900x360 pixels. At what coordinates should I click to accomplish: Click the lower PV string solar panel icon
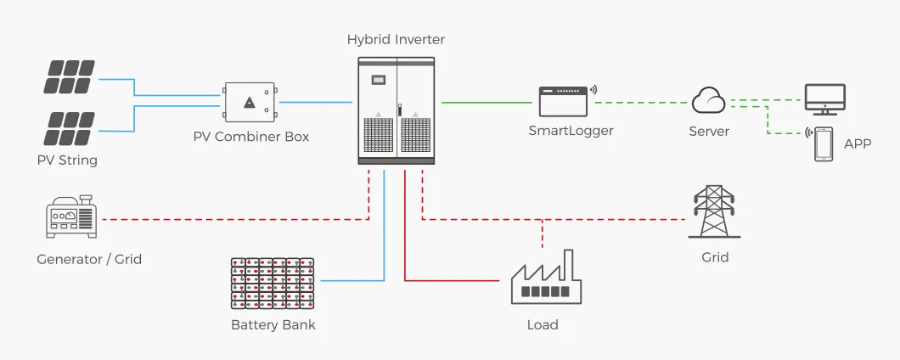click(70, 128)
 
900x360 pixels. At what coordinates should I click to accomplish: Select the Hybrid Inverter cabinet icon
click(396, 110)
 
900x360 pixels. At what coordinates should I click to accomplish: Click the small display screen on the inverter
click(379, 79)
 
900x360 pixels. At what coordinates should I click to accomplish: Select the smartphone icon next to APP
click(824, 143)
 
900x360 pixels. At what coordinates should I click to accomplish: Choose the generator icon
click(72, 219)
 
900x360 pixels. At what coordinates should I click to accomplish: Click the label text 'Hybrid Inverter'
click(396, 40)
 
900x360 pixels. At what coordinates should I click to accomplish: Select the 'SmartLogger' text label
click(571, 131)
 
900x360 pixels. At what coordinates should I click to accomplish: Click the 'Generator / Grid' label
click(89, 259)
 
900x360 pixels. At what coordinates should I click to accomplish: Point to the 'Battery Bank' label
click(273, 324)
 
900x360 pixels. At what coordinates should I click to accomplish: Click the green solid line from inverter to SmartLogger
click(486, 103)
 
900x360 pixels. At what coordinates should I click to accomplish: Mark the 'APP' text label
click(858, 143)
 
